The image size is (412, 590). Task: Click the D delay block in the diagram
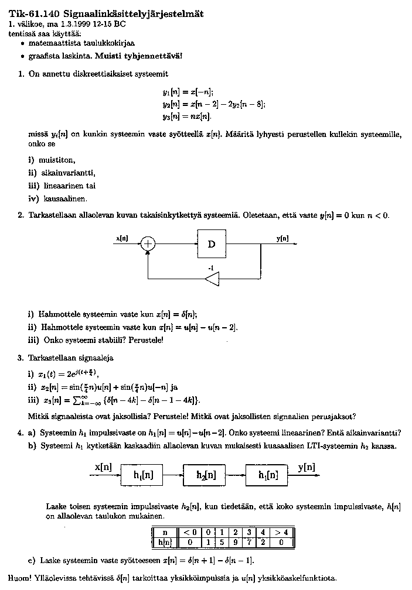[212, 244]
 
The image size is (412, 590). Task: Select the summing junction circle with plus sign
[149, 244]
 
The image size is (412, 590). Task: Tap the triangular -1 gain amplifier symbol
[212, 280]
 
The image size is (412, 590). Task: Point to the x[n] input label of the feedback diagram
[122, 238]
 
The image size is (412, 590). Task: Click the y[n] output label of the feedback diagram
[282, 238]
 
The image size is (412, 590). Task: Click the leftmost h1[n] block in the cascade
[143, 475]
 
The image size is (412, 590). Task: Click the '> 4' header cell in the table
[281, 533]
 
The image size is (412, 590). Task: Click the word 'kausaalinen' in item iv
[62, 198]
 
